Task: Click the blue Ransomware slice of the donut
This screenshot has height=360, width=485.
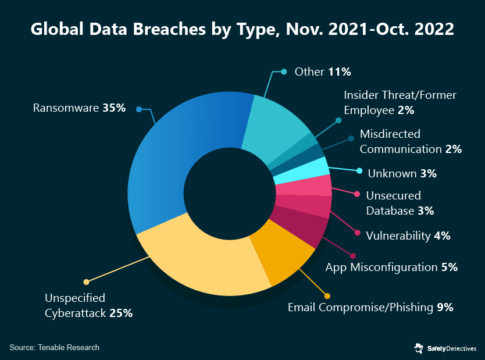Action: click(x=174, y=157)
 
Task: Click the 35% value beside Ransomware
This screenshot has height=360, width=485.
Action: click(x=114, y=108)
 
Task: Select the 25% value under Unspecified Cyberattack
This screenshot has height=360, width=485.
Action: click(x=121, y=313)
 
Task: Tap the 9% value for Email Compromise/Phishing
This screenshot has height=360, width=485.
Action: click(x=445, y=307)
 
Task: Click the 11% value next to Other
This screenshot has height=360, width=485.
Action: click(x=339, y=72)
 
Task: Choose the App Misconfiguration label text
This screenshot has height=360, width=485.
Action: click(x=381, y=268)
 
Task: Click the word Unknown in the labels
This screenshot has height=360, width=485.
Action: click(x=391, y=173)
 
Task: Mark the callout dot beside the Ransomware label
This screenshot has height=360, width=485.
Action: click(x=138, y=109)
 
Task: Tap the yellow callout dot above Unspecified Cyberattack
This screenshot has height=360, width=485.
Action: click(x=87, y=282)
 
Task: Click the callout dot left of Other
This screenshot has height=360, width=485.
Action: click(x=284, y=72)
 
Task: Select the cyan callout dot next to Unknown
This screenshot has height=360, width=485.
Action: click(x=359, y=171)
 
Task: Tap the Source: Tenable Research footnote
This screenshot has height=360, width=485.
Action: click(x=55, y=347)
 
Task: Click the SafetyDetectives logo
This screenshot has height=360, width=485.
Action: click(x=445, y=348)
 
